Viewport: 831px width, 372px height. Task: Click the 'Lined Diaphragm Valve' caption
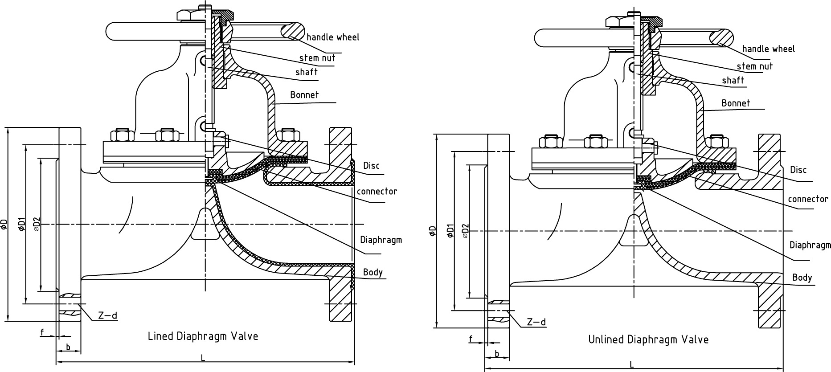point(203,336)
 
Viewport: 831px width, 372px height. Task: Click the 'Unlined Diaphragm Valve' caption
point(648,339)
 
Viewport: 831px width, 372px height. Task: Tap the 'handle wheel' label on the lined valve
point(332,37)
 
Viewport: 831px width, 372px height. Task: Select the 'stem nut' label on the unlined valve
point(755,66)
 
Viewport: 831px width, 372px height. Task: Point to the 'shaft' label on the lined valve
point(306,72)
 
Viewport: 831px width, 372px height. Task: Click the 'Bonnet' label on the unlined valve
point(736,103)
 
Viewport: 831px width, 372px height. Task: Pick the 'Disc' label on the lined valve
point(371,166)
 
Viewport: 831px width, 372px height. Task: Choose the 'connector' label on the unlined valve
point(808,199)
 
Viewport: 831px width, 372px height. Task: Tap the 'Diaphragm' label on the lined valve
point(381,240)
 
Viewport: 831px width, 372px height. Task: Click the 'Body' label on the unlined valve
point(802,278)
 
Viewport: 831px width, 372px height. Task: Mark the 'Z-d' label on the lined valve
point(107,316)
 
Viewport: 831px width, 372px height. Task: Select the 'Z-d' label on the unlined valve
point(536,322)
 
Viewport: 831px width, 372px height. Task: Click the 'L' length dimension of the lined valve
point(203,358)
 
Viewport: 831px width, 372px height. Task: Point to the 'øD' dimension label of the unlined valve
point(433,231)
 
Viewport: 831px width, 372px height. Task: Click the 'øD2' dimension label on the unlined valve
point(465,231)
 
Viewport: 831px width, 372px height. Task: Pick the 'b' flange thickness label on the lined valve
point(68,347)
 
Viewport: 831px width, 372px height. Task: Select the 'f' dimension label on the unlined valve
point(471,339)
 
